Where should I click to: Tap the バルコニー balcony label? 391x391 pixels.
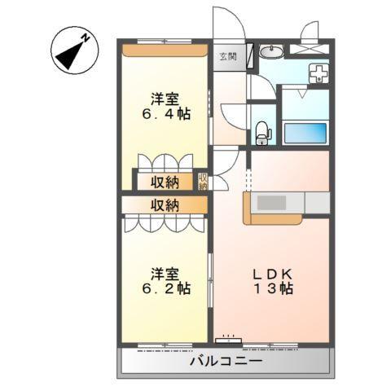pos(226,360)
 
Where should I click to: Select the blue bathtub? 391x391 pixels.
pos(305,132)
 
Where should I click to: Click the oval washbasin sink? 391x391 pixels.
pos(273,54)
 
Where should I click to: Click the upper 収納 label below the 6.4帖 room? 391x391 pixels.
pos(164,181)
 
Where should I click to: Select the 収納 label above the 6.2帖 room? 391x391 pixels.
pos(164,204)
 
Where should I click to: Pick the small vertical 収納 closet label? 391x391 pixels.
pos(203,182)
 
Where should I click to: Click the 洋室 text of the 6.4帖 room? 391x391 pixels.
pos(164,99)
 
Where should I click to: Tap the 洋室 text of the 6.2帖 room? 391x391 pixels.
pos(164,272)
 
